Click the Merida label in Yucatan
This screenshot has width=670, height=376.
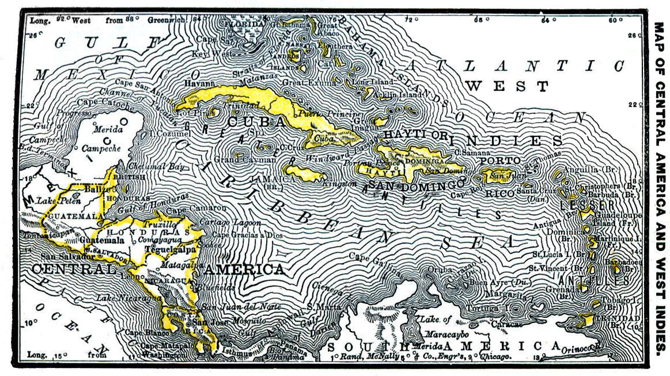tap(108, 129)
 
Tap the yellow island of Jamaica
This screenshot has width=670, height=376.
tap(305, 172)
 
